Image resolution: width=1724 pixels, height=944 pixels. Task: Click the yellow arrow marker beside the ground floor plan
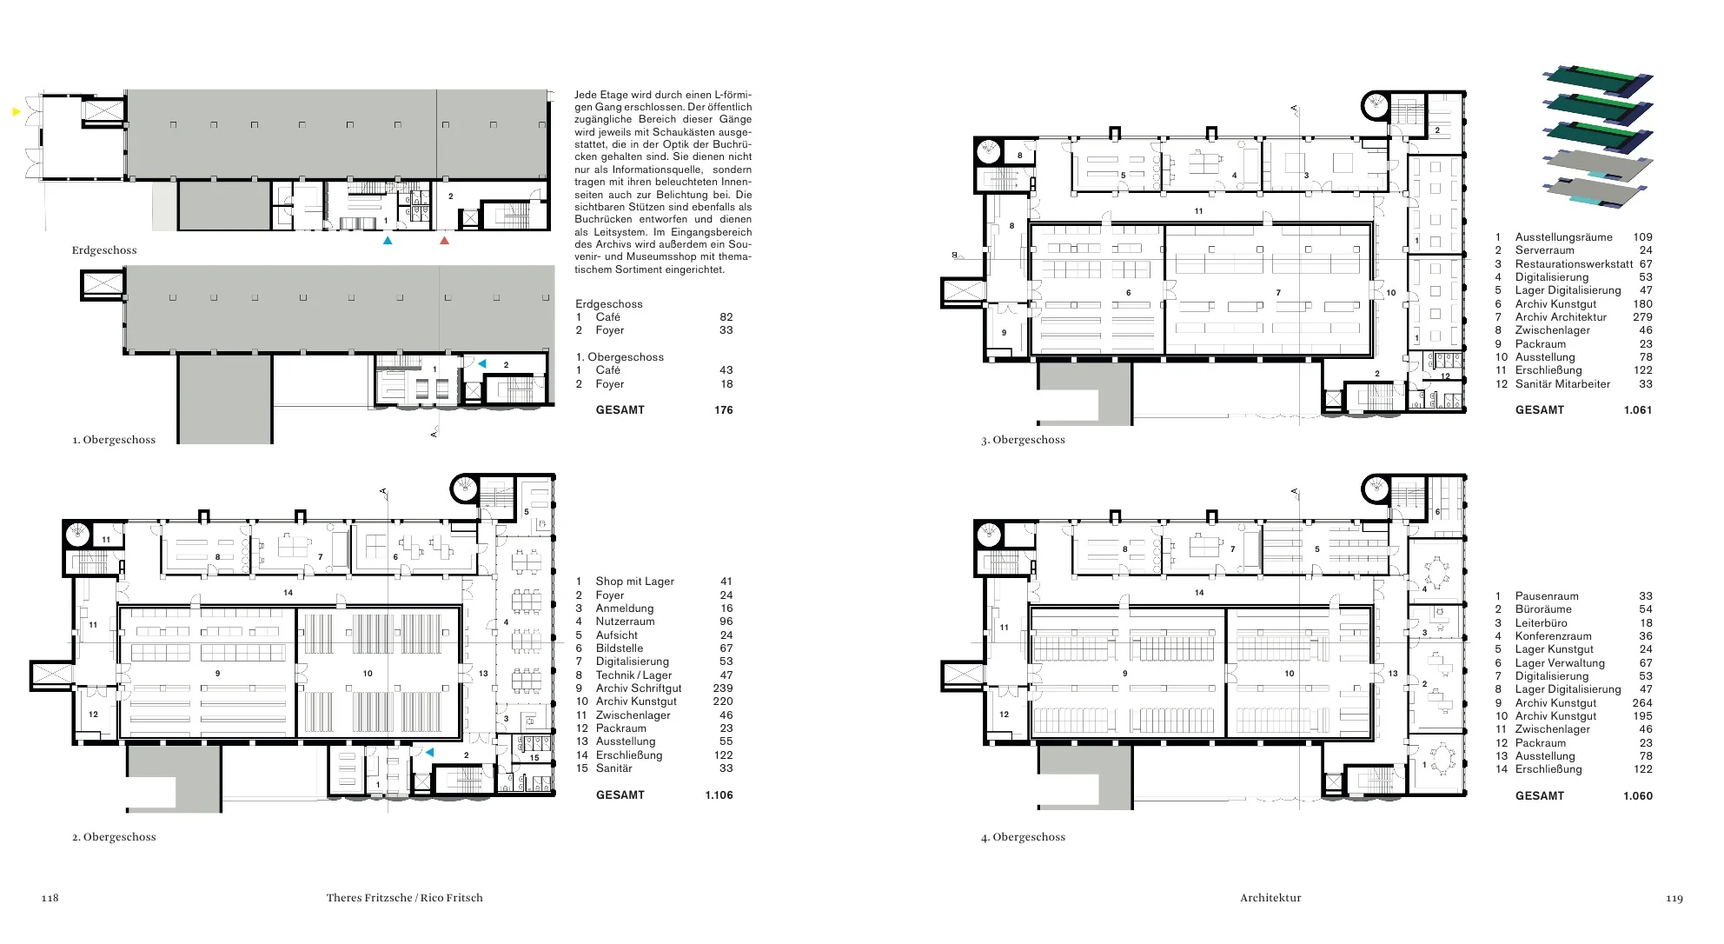pos(16,111)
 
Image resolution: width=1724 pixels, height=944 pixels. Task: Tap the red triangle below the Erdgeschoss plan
pos(445,240)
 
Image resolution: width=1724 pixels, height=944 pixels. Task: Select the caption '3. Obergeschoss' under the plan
pos(1023,440)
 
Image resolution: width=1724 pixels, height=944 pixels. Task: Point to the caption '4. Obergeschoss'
pos(1023,837)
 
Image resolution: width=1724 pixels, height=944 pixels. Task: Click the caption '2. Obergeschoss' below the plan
pos(114,837)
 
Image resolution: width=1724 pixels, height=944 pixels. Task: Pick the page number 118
pos(50,898)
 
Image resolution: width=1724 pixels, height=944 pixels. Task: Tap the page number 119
pos(1674,898)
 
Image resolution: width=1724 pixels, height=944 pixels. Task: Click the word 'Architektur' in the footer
pos(1270,898)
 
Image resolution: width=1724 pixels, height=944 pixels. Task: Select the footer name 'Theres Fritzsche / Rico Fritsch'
pos(404,898)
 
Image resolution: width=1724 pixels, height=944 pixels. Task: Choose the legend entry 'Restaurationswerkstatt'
pos(1574,264)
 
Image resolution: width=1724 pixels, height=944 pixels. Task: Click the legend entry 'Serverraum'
pos(1544,250)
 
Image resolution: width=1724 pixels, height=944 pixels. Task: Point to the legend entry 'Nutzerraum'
pos(625,622)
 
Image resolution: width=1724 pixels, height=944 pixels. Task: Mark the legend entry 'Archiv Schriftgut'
pos(639,688)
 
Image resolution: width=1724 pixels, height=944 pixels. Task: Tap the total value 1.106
pos(719,795)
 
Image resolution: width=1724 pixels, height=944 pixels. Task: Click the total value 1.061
pos(1638,410)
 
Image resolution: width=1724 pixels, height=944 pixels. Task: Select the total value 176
pos(724,410)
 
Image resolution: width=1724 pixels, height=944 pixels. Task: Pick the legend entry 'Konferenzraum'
pos(1554,636)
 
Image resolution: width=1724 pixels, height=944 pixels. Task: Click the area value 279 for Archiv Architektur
pos(1642,317)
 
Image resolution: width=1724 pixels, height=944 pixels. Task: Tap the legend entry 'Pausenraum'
pos(1547,596)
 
